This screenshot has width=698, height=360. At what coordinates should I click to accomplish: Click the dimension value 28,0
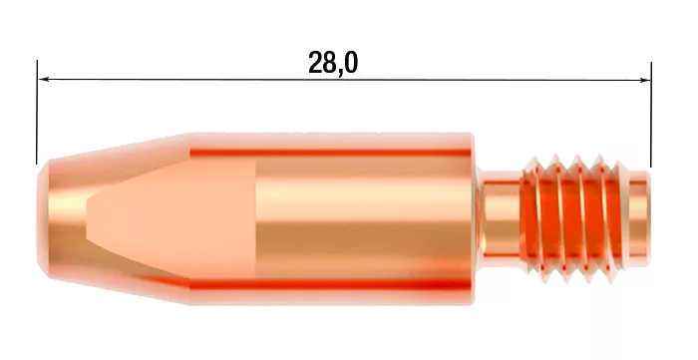coord(333,63)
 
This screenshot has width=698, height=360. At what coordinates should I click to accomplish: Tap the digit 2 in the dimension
coord(316,63)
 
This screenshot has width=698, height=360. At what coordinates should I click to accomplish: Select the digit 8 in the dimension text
coord(330,63)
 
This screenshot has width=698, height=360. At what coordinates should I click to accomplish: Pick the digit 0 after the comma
coord(350,63)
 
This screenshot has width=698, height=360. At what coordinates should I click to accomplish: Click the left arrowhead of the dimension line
coord(44,80)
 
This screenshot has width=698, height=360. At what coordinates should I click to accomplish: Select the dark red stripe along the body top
coord(329,152)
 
